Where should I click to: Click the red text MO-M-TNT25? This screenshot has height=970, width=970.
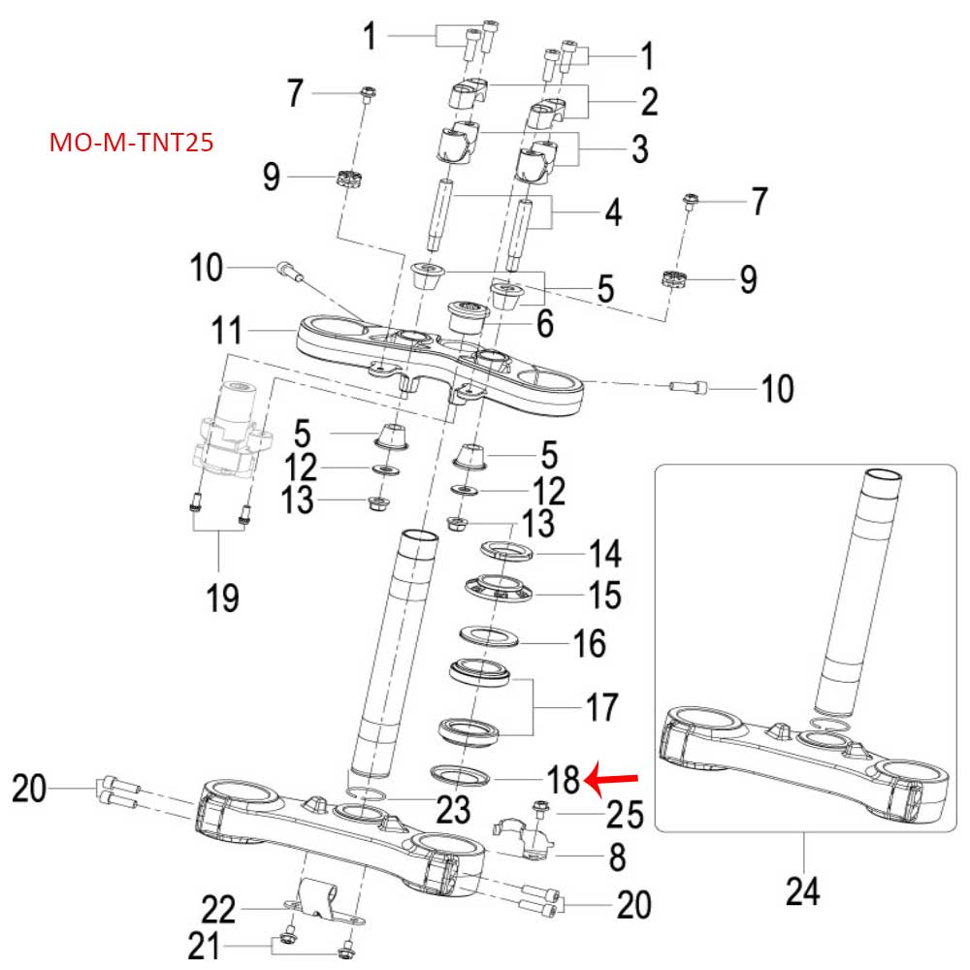point(131,144)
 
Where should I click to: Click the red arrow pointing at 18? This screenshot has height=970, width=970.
point(614,778)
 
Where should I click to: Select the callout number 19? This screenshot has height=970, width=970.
point(223,597)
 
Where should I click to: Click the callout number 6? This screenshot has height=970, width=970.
point(545,323)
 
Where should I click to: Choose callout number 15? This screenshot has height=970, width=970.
point(604,595)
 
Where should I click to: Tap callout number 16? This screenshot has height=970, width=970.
point(589,643)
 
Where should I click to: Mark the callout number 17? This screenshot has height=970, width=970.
point(598,707)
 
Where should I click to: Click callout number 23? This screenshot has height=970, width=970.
point(453,808)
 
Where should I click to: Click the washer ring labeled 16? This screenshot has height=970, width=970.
point(485,636)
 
